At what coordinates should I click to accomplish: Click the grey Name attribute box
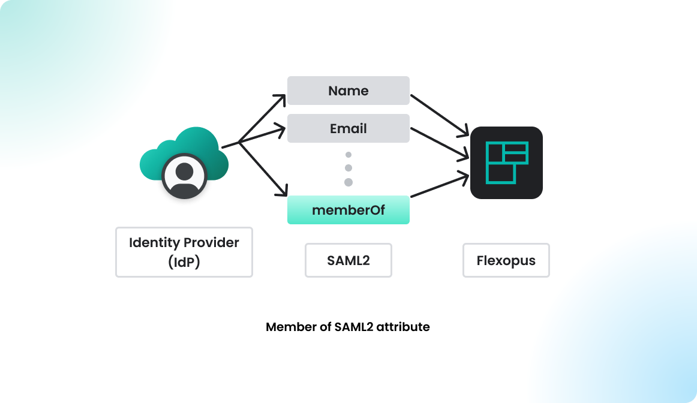coord(348,91)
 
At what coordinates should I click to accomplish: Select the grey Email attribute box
coord(348,128)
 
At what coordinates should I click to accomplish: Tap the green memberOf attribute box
coord(348,210)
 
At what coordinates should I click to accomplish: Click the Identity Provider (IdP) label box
coord(184,252)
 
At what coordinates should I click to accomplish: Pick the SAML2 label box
coord(348,260)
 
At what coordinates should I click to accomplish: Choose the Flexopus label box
coord(506,260)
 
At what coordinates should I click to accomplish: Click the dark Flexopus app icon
coord(506,163)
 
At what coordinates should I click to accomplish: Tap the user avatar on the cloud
coord(184,176)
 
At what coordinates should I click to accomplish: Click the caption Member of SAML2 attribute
coord(348,327)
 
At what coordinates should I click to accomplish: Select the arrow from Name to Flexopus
coord(438,113)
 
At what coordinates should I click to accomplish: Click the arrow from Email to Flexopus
coord(438,142)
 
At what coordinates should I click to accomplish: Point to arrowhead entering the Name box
coord(281,98)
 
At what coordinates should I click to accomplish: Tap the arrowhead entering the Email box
coord(280,128)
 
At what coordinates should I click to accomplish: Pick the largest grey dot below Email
coord(348,182)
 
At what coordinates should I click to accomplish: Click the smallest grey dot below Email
coord(348,155)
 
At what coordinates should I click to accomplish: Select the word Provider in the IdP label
coord(211,243)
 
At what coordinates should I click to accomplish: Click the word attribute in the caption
coord(403,327)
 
